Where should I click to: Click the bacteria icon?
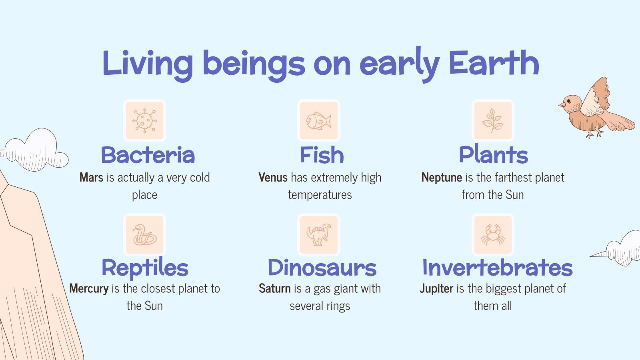click(x=144, y=120)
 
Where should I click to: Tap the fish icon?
click(x=319, y=120)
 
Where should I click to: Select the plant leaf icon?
click(x=493, y=120)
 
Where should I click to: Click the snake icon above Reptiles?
click(x=144, y=234)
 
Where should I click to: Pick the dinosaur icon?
click(x=319, y=234)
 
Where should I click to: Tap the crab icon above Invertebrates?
click(x=493, y=234)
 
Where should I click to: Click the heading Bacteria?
click(x=148, y=155)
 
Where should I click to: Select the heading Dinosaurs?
click(x=322, y=268)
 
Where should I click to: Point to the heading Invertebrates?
click(x=497, y=268)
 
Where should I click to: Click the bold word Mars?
click(x=91, y=178)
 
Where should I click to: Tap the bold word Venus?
click(x=273, y=178)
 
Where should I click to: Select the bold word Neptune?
click(x=442, y=178)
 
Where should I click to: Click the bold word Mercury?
click(x=89, y=289)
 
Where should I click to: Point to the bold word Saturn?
click(x=274, y=289)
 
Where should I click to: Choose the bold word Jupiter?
click(x=436, y=289)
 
